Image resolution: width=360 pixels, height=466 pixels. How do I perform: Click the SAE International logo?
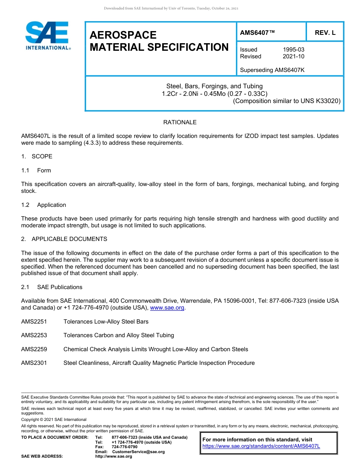pyautogui.click(x=47, y=36)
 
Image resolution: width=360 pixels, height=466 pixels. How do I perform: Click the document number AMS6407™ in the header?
pyautogui.click(x=257, y=33)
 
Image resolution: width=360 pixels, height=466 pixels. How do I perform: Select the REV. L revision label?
pyautogui.click(x=325, y=33)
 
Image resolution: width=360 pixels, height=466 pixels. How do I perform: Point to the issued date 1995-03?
pyautogui.click(x=293, y=50)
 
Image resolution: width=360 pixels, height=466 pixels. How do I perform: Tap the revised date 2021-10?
pyautogui.click(x=293, y=56)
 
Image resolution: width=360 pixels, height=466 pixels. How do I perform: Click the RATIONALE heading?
pyautogui.click(x=180, y=122)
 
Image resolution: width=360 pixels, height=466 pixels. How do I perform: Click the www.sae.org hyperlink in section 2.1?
pyautogui.click(x=167, y=308)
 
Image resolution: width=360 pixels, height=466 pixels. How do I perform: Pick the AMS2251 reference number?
pyautogui.click(x=34, y=322)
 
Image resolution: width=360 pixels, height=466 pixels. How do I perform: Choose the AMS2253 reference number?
pyautogui.click(x=34, y=335)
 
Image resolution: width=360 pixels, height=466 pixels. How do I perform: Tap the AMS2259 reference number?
pyautogui.click(x=34, y=349)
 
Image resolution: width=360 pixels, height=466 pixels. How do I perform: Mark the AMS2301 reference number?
pyautogui.click(x=34, y=363)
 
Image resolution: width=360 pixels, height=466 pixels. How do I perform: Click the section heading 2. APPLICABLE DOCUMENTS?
pyautogui.click(x=64, y=239)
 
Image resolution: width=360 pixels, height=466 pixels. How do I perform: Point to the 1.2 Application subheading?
pyautogui.click(x=44, y=205)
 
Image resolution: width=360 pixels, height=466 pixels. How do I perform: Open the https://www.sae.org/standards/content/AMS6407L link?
pyautogui.click(x=261, y=446)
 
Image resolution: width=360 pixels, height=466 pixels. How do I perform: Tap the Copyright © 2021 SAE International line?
pyautogui.click(x=54, y=419)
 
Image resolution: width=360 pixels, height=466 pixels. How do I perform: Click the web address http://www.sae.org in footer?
pyautogui.click(x=114, y=457)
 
